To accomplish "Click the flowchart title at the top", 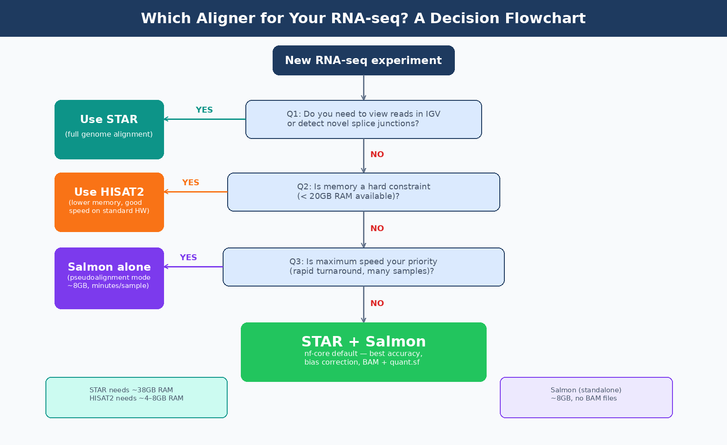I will (x=363, y=18).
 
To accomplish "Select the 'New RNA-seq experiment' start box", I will (x=363, y=60).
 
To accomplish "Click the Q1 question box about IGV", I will (x=363, y=119).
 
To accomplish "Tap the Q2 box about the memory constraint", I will (x=363, y=192).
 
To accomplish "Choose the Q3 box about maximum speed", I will (x=363, y=267).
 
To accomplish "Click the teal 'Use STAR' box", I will (x=109, y=129).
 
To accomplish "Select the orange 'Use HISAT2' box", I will (x=109, y=202).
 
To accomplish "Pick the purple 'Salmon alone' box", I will (x=109, y=278).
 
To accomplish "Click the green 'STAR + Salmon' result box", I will (x=363, y=352).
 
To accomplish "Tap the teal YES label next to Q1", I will (x=204, y=110).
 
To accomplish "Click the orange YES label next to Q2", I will (x=190, y=183).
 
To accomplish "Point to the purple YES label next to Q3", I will (x=188, y=257).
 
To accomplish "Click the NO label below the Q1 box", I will (x=377, y=154).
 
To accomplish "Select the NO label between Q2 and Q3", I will (x=377, y=228).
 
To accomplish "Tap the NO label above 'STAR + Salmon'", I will (x=377, y=303).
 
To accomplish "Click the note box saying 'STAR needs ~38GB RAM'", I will (x=136, y=397).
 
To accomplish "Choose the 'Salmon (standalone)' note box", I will (x=586, y=397).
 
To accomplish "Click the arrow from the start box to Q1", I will (x=363, y=88).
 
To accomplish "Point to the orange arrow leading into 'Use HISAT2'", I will (x=195, y=192).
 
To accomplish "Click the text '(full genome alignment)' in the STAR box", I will (x=109, y=134).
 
